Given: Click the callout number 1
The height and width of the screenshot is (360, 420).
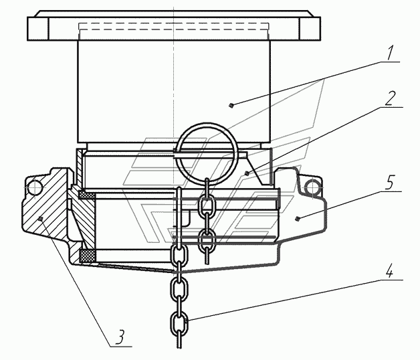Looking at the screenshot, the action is [390, 53].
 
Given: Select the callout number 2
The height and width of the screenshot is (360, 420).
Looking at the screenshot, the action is [390, 98].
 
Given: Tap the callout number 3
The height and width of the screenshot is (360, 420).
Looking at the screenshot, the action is [120, 337].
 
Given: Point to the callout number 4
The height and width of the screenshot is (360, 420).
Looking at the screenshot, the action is [389, 272].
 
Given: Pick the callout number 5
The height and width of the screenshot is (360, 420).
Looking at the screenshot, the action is [390, 183].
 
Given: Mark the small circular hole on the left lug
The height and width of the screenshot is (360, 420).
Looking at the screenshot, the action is [35, 187].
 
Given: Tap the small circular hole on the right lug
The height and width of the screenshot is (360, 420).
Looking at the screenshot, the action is [312, 187].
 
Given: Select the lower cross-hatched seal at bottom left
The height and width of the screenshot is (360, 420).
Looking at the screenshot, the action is [88, 256].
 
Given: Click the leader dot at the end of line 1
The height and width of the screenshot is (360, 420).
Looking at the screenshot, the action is [231, 105].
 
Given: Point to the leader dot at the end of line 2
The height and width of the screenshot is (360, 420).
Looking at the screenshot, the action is [247, 174].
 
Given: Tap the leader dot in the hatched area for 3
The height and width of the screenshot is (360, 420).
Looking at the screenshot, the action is [40, 219].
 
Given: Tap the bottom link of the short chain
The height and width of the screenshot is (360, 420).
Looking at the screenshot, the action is [207, 240].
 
